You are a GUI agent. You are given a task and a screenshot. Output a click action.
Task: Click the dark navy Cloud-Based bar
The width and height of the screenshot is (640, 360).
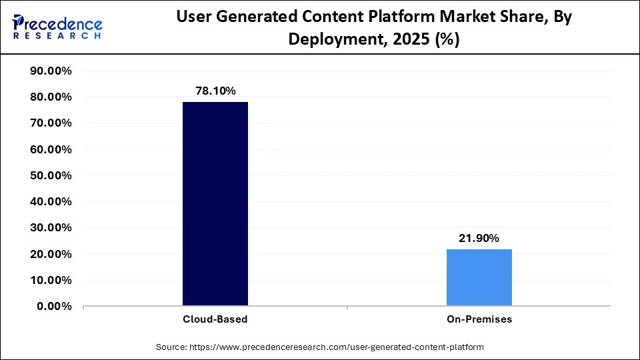click(215, 204)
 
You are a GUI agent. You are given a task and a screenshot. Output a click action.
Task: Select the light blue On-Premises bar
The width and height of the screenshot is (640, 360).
click(479, 277)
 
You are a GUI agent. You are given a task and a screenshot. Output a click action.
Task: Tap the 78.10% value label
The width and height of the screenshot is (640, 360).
click(215, 91)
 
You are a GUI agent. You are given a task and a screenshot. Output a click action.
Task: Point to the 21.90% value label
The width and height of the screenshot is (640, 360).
click(479, 238)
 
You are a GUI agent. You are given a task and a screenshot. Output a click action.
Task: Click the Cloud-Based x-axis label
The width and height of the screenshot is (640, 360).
click(215, 319)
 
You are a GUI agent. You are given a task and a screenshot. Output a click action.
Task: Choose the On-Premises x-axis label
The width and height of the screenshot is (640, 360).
click(479, 319)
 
